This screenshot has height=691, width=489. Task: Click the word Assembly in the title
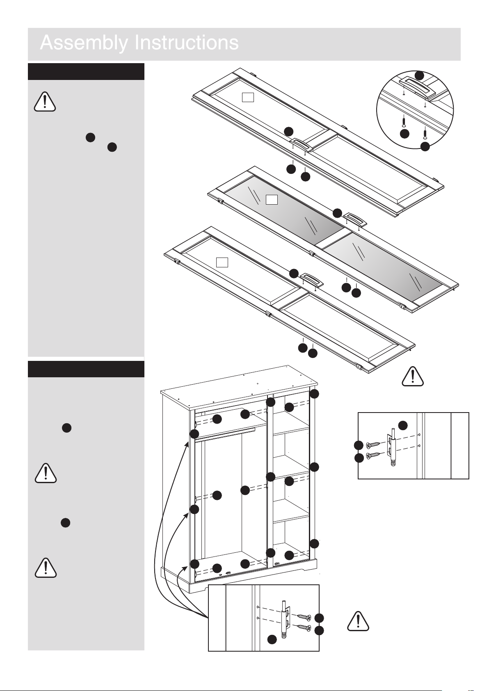pyautogui.click(x=84, y=43)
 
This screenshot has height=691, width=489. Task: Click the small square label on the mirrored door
pyautogui.click(x=272, y=200)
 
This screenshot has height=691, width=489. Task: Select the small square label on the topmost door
pyautogui.click(x=248, y=97)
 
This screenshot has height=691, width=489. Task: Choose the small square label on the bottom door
pyautogui.click(x=222, y=262)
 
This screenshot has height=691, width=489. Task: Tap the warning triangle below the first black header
pyautogui.click(x=45, y=101)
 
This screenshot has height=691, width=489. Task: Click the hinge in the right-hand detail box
pyautogui.click(x=392, y=448)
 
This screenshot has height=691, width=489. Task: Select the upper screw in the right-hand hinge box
pyautogui.click(x=374, y=444)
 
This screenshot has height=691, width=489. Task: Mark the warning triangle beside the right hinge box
pyautogui.click(x=358, y=621)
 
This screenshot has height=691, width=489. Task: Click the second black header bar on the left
pyautogui.click(x=86, y=369)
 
